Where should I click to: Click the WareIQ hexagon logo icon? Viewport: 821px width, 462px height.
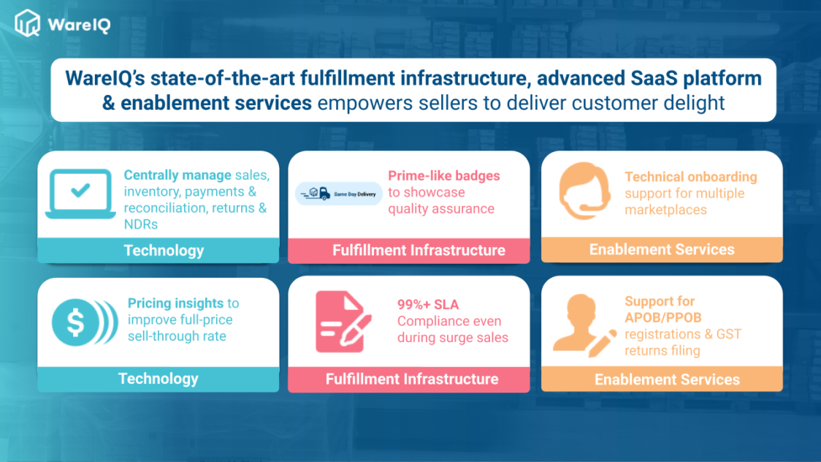(27, 23)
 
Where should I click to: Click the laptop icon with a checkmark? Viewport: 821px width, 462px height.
(80, 193)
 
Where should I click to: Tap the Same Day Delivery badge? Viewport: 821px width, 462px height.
(339, 194)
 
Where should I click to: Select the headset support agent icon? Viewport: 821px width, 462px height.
(584, 190)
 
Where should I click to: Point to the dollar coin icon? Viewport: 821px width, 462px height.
(84, 322)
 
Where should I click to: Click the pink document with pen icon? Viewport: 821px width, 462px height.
(343, 322)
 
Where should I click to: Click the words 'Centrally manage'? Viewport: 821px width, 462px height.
(177, 175)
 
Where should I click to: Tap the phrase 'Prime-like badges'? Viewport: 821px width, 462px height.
(444, 176)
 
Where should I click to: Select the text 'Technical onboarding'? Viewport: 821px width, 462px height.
(691, 177)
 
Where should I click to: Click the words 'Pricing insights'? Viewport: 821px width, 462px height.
(175, 303)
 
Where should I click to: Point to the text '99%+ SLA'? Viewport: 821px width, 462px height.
(428, 304)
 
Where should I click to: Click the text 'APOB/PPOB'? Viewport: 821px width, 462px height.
(663, 317)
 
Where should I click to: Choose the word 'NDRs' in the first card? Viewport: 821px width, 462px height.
(141, 224)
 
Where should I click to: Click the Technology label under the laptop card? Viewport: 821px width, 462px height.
(164, 251)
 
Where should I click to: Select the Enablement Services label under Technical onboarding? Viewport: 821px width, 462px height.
(662, 249)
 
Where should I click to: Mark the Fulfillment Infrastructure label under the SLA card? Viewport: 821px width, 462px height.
(412, 379)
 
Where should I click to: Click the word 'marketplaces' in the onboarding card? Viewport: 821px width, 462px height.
(665, 210)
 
